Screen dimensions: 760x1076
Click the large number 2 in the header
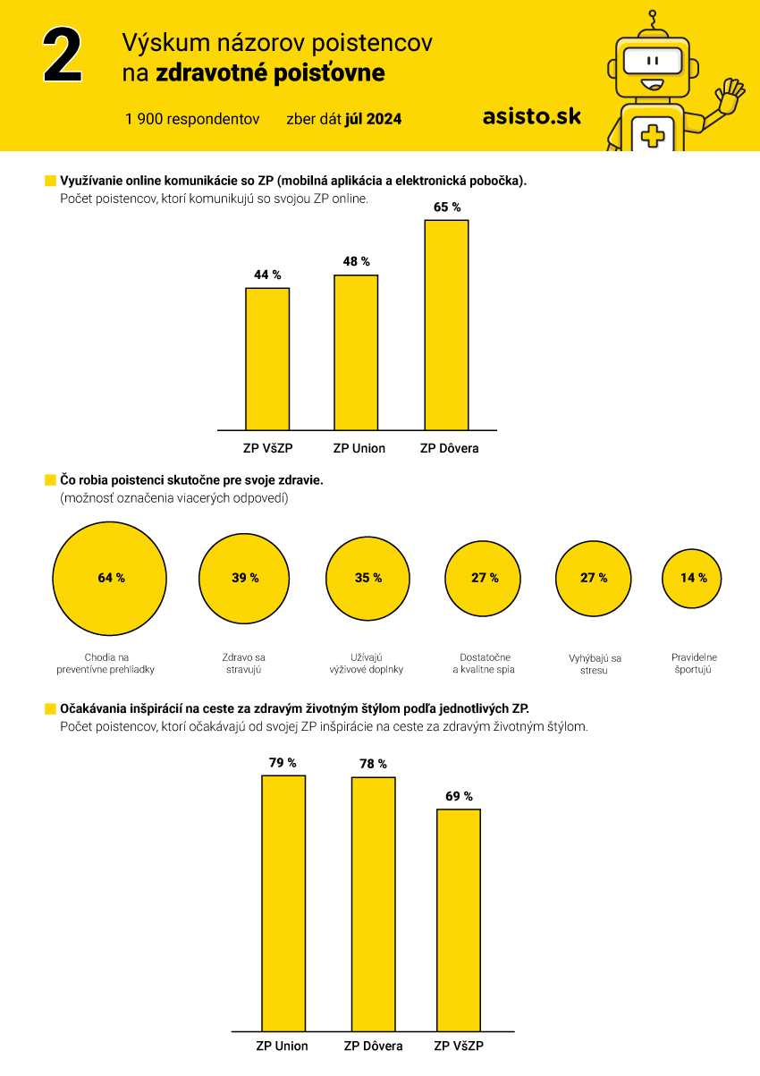63,55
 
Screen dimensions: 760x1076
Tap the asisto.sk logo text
531,116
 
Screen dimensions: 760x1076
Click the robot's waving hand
730,95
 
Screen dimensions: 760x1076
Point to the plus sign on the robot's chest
653,136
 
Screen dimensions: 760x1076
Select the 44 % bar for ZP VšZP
267,359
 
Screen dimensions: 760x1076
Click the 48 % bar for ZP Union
356,352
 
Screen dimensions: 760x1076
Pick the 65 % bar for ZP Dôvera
446,326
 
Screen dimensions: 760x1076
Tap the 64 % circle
109,579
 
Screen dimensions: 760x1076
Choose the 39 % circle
244,579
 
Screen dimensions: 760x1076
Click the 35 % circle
367,579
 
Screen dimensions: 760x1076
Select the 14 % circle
692,579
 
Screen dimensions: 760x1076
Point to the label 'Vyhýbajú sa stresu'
595,664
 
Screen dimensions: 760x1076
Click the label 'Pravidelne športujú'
694,663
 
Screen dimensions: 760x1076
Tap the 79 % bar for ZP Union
283,903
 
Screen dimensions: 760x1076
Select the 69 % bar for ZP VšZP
459,919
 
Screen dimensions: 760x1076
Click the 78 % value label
373,764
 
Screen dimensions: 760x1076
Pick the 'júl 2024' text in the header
373,119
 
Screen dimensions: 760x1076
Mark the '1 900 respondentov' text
192,119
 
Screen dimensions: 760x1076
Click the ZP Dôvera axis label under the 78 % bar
373,1046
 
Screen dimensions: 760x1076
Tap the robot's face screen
653,61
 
